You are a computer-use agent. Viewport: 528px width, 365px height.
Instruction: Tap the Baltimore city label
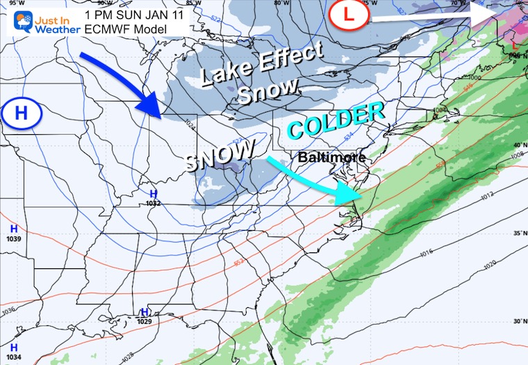pos(331,158)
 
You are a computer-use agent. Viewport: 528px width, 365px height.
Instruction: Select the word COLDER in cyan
pos(336,120)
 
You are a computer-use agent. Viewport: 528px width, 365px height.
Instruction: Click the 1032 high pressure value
pos(153,204)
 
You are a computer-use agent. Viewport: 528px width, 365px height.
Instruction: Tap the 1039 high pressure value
pos(13,238)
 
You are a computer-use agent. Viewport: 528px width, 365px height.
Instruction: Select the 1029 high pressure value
pos(145,321)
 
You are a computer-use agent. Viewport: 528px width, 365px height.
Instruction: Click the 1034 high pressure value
pos(14,357)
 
